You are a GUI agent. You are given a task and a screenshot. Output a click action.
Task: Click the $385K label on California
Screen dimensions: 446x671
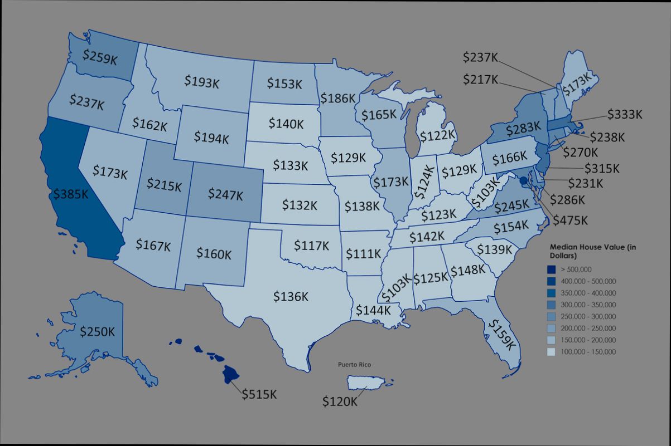70,194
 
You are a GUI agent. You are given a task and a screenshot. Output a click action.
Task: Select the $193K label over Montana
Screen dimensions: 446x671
201,81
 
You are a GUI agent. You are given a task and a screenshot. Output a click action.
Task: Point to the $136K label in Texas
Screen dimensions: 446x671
291,296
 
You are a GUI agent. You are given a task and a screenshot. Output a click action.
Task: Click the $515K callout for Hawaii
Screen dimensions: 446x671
259,394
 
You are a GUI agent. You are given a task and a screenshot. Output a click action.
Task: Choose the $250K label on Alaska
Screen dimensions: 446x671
97,331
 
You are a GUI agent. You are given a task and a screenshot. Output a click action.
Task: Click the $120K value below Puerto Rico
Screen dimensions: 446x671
340,401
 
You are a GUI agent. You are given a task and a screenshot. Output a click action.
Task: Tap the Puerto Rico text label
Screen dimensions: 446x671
354,365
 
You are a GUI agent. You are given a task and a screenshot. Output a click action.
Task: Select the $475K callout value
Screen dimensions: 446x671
571,220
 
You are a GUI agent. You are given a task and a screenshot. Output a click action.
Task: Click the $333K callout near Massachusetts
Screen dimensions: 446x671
625,115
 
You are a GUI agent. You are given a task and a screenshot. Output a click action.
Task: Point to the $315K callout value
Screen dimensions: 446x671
602,168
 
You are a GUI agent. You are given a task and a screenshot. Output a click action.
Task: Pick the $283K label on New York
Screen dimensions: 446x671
524,129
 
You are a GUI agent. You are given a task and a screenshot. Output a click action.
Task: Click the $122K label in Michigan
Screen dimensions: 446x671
438,135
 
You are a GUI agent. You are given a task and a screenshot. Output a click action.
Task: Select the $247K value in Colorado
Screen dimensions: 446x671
225,194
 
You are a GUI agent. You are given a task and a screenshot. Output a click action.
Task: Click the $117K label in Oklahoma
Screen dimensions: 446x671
312,245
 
